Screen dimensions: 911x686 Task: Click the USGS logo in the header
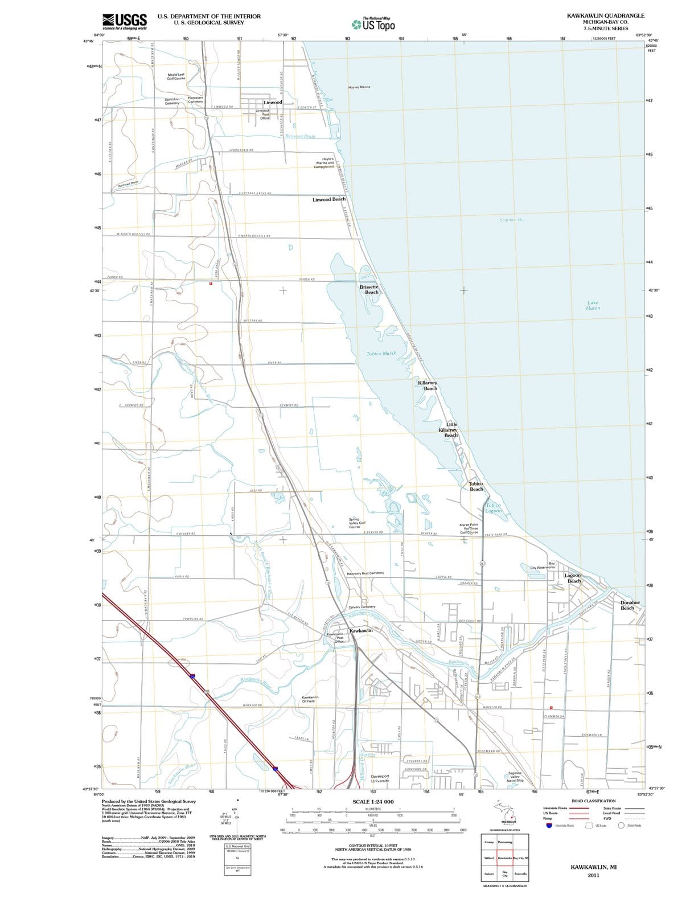125,21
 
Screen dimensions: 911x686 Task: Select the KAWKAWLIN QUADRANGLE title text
606,16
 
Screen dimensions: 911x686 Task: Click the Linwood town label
273,102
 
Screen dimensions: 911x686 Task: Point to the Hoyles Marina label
359,87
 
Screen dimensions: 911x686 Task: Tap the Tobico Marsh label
381,354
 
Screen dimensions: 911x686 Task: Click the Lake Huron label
593,306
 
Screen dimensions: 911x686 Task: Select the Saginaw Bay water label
512,220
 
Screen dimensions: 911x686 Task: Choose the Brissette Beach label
369,290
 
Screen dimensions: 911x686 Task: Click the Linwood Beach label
329,199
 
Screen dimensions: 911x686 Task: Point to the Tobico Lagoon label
493,508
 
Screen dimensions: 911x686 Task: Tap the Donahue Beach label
630,605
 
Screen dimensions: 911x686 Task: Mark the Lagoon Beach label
573,578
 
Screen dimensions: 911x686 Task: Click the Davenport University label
380,778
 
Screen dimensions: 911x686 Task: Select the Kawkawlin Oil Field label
310,699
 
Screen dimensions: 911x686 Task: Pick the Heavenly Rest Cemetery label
365,573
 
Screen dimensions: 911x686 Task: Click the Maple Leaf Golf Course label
175,76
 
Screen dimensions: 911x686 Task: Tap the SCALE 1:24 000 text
373,802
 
